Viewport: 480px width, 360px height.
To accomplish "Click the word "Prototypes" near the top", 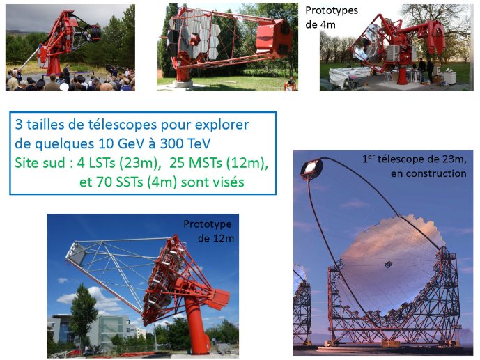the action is (332, 10).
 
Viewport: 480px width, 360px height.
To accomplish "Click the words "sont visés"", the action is (212, 182).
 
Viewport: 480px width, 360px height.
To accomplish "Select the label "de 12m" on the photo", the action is (216, 238).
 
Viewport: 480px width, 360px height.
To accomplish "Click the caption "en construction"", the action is (428, 173).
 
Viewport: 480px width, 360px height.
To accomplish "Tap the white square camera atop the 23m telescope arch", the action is (311, 168).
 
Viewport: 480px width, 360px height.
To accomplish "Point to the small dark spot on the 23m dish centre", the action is (388, 265).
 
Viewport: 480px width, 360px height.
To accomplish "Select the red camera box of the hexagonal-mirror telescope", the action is (273, 38).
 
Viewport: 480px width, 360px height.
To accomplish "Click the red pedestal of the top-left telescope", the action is (54, 65).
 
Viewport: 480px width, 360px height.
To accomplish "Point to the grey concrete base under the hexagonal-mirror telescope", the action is (183, 84).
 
